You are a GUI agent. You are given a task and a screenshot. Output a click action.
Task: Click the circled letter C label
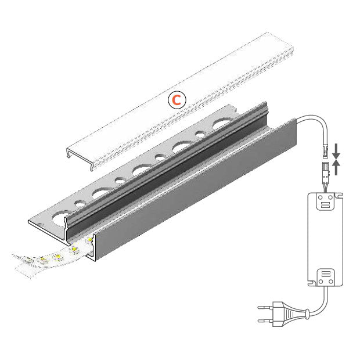point(177,100)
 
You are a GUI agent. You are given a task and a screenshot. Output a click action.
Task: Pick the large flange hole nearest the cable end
point(223,124)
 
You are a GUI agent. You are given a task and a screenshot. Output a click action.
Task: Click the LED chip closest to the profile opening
point(89,239)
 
